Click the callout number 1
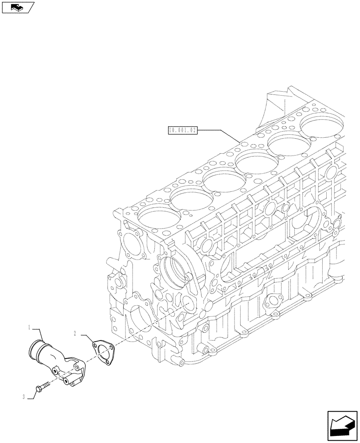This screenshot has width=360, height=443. (x=29, y=327)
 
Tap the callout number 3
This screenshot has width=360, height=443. (x=24, y=396)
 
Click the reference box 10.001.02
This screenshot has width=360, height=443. (x=182, y=130)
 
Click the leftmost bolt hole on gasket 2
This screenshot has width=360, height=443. (x=94, y=342)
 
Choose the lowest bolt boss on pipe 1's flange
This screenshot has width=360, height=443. (x=65, y=381)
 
